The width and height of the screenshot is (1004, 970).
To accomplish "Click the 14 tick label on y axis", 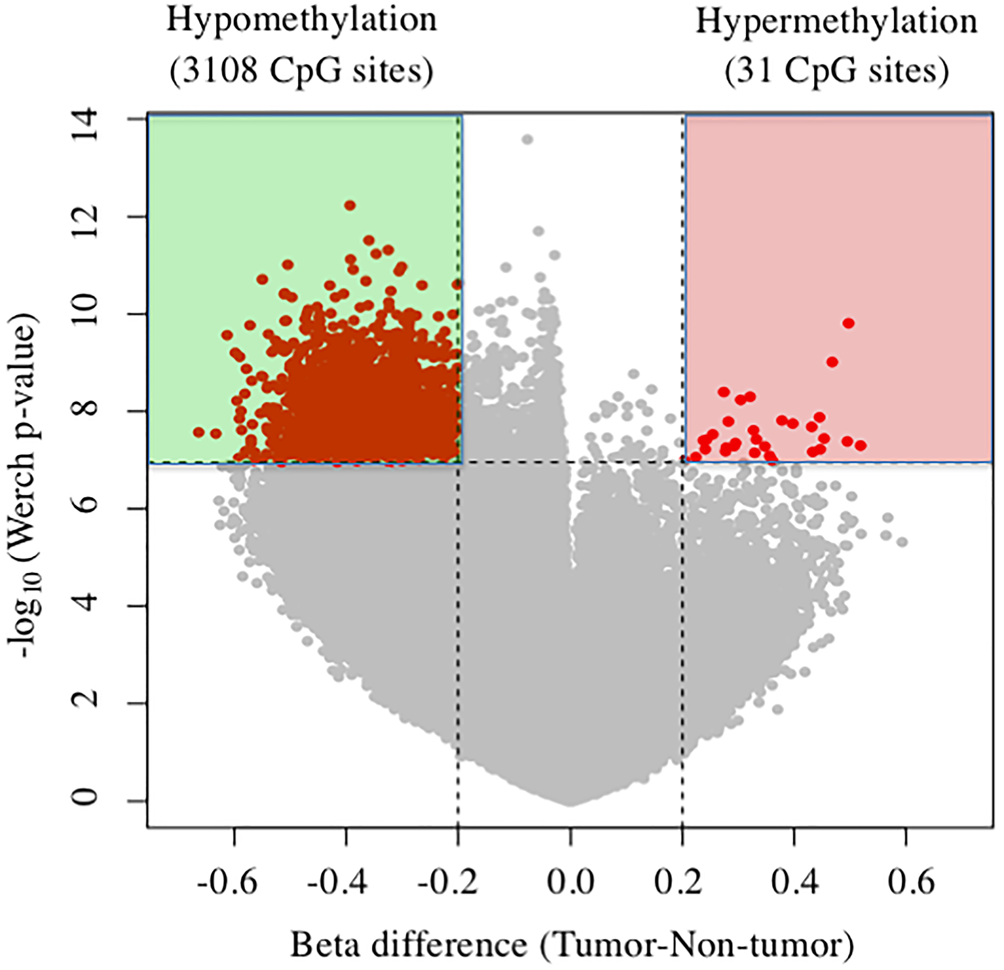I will tap(86, 119).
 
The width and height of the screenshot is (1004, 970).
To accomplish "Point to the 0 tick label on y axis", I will tap(86, 801).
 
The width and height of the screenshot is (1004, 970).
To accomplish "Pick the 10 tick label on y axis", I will tap(86, 314).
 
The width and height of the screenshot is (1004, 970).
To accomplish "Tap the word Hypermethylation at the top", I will tap(836, 23).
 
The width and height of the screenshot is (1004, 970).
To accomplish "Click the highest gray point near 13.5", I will tap(528, 140).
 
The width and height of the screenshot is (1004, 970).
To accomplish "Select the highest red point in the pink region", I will tap(848, 323).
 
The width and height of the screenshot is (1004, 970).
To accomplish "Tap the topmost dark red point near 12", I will tap(350, 205).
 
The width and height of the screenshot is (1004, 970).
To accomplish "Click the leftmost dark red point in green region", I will tap(199, 432).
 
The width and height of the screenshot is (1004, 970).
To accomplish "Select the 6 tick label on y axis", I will tap(86, 508).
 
